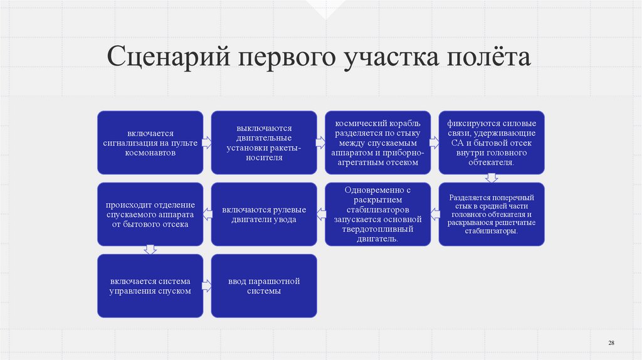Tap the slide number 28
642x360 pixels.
[x=611, y=342]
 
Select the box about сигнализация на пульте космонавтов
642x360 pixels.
[x=150, y=142]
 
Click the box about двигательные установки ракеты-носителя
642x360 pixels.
[x=264, y=142]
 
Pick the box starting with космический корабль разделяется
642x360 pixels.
[x=378, y=142]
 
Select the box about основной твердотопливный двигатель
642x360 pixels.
[x=378, y=214]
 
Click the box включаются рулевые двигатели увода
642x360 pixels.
[x=264, y=214]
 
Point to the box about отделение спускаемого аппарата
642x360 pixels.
[x=150, y=214]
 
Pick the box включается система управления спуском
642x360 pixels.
[x=150, y=285]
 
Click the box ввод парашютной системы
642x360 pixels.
[x=264, y=285]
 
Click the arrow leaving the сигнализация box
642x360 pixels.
[x=207, y=142]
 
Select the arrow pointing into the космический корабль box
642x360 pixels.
[x=321, y=142]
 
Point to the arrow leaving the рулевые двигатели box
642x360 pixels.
[x=207, y=214]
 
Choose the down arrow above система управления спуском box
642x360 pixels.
[x=150, y=250]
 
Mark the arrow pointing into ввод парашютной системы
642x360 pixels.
[x=207, y=285]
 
